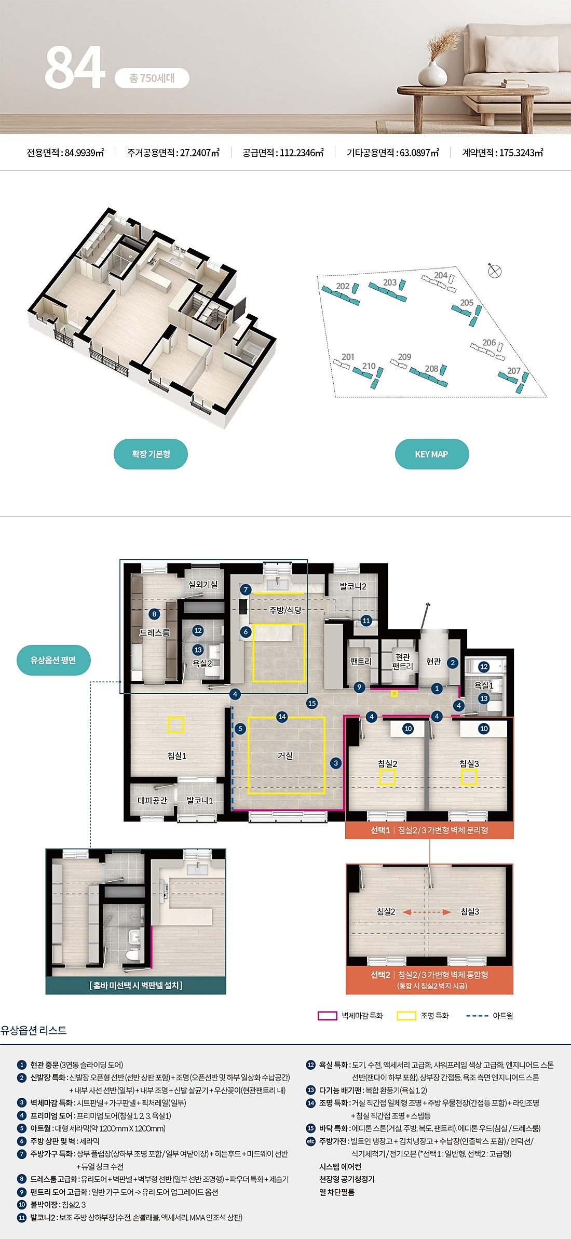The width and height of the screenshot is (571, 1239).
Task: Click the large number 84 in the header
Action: point(75,68)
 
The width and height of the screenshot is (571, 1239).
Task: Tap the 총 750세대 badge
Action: point(152,78)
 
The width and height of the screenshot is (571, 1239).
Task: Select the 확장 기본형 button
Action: point(151,454)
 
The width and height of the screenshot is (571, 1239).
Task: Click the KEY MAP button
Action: point(431,454)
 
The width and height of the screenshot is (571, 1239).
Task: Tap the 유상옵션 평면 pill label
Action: point(53,660)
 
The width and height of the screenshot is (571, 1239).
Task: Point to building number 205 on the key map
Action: point(467,303)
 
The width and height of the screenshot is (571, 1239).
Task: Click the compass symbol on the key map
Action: point(495,270)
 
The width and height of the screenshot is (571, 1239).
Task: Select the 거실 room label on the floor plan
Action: point(285,756)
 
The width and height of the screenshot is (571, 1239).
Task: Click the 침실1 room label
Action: point(176,756)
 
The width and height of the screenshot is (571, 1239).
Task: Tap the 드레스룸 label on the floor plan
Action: point(154,632)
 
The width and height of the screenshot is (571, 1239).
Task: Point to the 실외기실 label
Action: point(203,584)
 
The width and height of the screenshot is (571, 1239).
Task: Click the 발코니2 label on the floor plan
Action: point(353,586)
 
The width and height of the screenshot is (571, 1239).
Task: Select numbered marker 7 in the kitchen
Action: point(246,589)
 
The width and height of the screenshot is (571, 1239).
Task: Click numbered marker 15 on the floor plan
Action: point(311,703)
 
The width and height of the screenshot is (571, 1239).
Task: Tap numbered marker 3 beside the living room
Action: point(336,763)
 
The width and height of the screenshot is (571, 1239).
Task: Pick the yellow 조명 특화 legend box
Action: point(406,1016)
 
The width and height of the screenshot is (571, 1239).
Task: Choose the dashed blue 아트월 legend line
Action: point(477,1016)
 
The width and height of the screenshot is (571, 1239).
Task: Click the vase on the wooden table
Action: point(432,75)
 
